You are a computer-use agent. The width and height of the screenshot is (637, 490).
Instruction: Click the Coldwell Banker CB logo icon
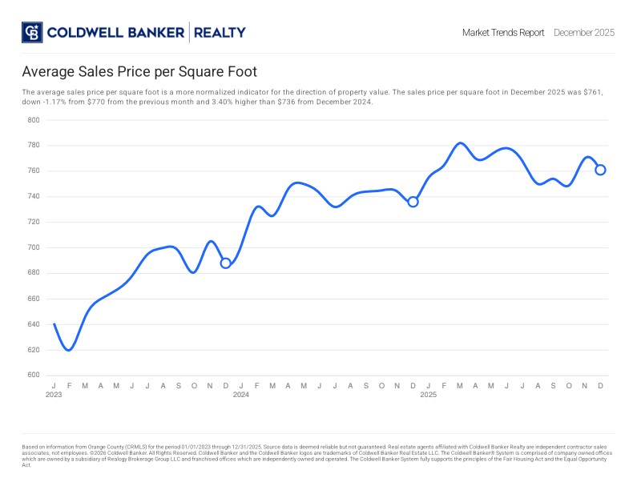point(32,32)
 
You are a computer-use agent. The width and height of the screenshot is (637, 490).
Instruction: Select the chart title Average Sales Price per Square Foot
point(139,71)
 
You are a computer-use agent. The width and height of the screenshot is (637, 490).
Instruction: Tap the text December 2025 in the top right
point(583,33)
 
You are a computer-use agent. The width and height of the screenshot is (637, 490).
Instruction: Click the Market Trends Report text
point(503,33)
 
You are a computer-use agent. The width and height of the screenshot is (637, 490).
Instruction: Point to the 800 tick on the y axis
point(34,120)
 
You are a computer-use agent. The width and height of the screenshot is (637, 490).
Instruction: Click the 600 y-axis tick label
point(34,376)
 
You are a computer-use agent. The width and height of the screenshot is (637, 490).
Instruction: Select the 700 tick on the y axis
point(34,247)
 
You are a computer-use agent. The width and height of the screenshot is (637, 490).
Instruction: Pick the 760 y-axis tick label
point(34,171)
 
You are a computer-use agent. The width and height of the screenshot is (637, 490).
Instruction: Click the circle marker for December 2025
point(600,170)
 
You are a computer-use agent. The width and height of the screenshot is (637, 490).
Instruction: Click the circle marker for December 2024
point(413,202)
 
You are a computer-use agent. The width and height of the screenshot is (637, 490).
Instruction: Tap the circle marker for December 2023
point(225,263)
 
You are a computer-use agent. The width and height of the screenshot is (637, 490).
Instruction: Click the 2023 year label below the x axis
point(54,395)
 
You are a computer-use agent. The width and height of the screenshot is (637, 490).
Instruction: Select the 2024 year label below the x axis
point(241,395)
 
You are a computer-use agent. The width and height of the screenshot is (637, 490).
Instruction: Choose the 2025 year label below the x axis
point(429,395)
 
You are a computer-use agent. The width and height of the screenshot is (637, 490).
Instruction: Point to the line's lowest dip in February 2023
point(69,350)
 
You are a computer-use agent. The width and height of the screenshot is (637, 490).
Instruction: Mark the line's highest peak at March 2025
point(460,143)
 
